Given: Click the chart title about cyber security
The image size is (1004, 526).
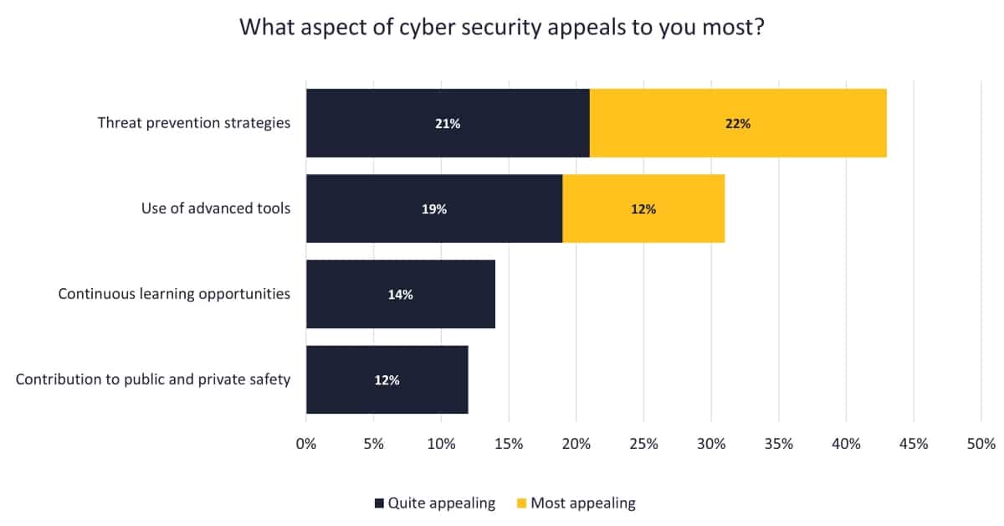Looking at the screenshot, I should [502, 27].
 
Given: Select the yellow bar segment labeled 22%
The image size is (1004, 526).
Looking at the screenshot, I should [738, 123].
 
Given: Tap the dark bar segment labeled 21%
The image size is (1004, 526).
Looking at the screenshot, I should [448, 123].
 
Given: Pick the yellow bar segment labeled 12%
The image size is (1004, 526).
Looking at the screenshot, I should [643, 209].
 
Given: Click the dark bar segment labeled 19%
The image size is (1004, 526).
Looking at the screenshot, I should [434, 209].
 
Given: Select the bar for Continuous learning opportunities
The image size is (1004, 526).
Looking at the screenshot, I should [401, 294].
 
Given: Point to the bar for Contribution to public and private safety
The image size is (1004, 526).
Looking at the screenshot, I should [387, 379].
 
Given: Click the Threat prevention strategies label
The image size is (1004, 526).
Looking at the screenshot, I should [194, 123].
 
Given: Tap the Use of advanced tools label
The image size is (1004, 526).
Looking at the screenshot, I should [216, 209].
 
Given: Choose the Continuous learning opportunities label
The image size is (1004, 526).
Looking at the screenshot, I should [174, 294].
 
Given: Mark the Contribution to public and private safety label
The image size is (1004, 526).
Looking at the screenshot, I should [153, 379].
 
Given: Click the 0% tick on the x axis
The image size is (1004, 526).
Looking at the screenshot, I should [306, 444].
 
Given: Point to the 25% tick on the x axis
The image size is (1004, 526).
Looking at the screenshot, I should [643, 444].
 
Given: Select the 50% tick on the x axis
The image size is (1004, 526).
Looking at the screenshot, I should [981, 444].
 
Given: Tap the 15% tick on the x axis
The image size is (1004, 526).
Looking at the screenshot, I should [509, 444].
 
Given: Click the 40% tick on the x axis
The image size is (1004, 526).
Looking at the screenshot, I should [846, 444].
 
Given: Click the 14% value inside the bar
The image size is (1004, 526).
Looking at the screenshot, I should [401, 294].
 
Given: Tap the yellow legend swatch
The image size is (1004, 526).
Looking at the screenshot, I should [521, 503].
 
